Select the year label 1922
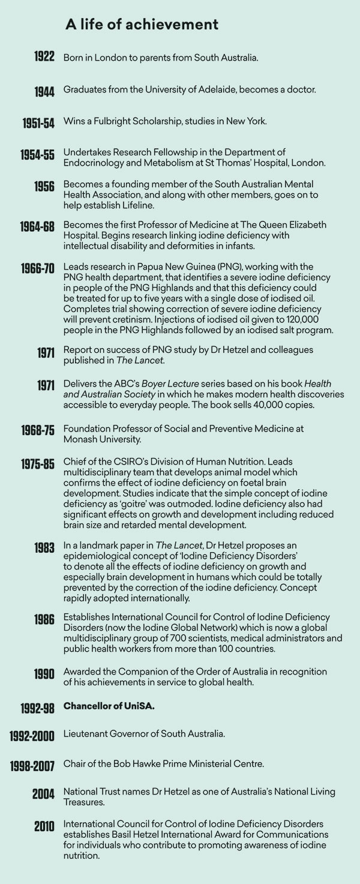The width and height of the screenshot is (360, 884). pos(44,58)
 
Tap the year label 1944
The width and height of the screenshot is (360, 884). pos(44,91)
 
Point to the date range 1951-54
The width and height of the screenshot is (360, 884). pos(38,123)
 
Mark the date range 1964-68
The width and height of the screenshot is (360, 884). pos(37,226)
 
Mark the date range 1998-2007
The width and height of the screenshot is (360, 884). pos(32,766)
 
